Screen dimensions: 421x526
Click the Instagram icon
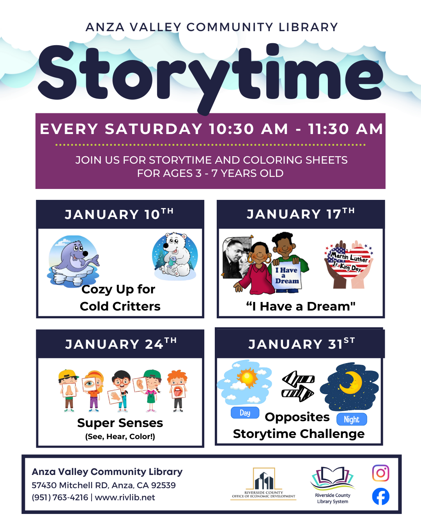coord(380,473)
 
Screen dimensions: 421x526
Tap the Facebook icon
coord(380,496)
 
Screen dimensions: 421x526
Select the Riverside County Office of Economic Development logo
coord(264,484)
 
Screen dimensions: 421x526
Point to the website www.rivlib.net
coord(125,498)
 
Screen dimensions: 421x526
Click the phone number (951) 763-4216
coord(60,498)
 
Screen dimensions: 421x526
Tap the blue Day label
coord(245,413)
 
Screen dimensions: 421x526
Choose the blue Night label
coord(352,419)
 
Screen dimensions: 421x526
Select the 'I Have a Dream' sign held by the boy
coord(287,275)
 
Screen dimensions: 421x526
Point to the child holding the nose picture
coord(69,391)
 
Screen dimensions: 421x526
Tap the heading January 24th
coord(120,344)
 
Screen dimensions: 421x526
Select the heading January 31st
coord(301,344)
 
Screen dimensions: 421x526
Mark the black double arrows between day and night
coord(298,386)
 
